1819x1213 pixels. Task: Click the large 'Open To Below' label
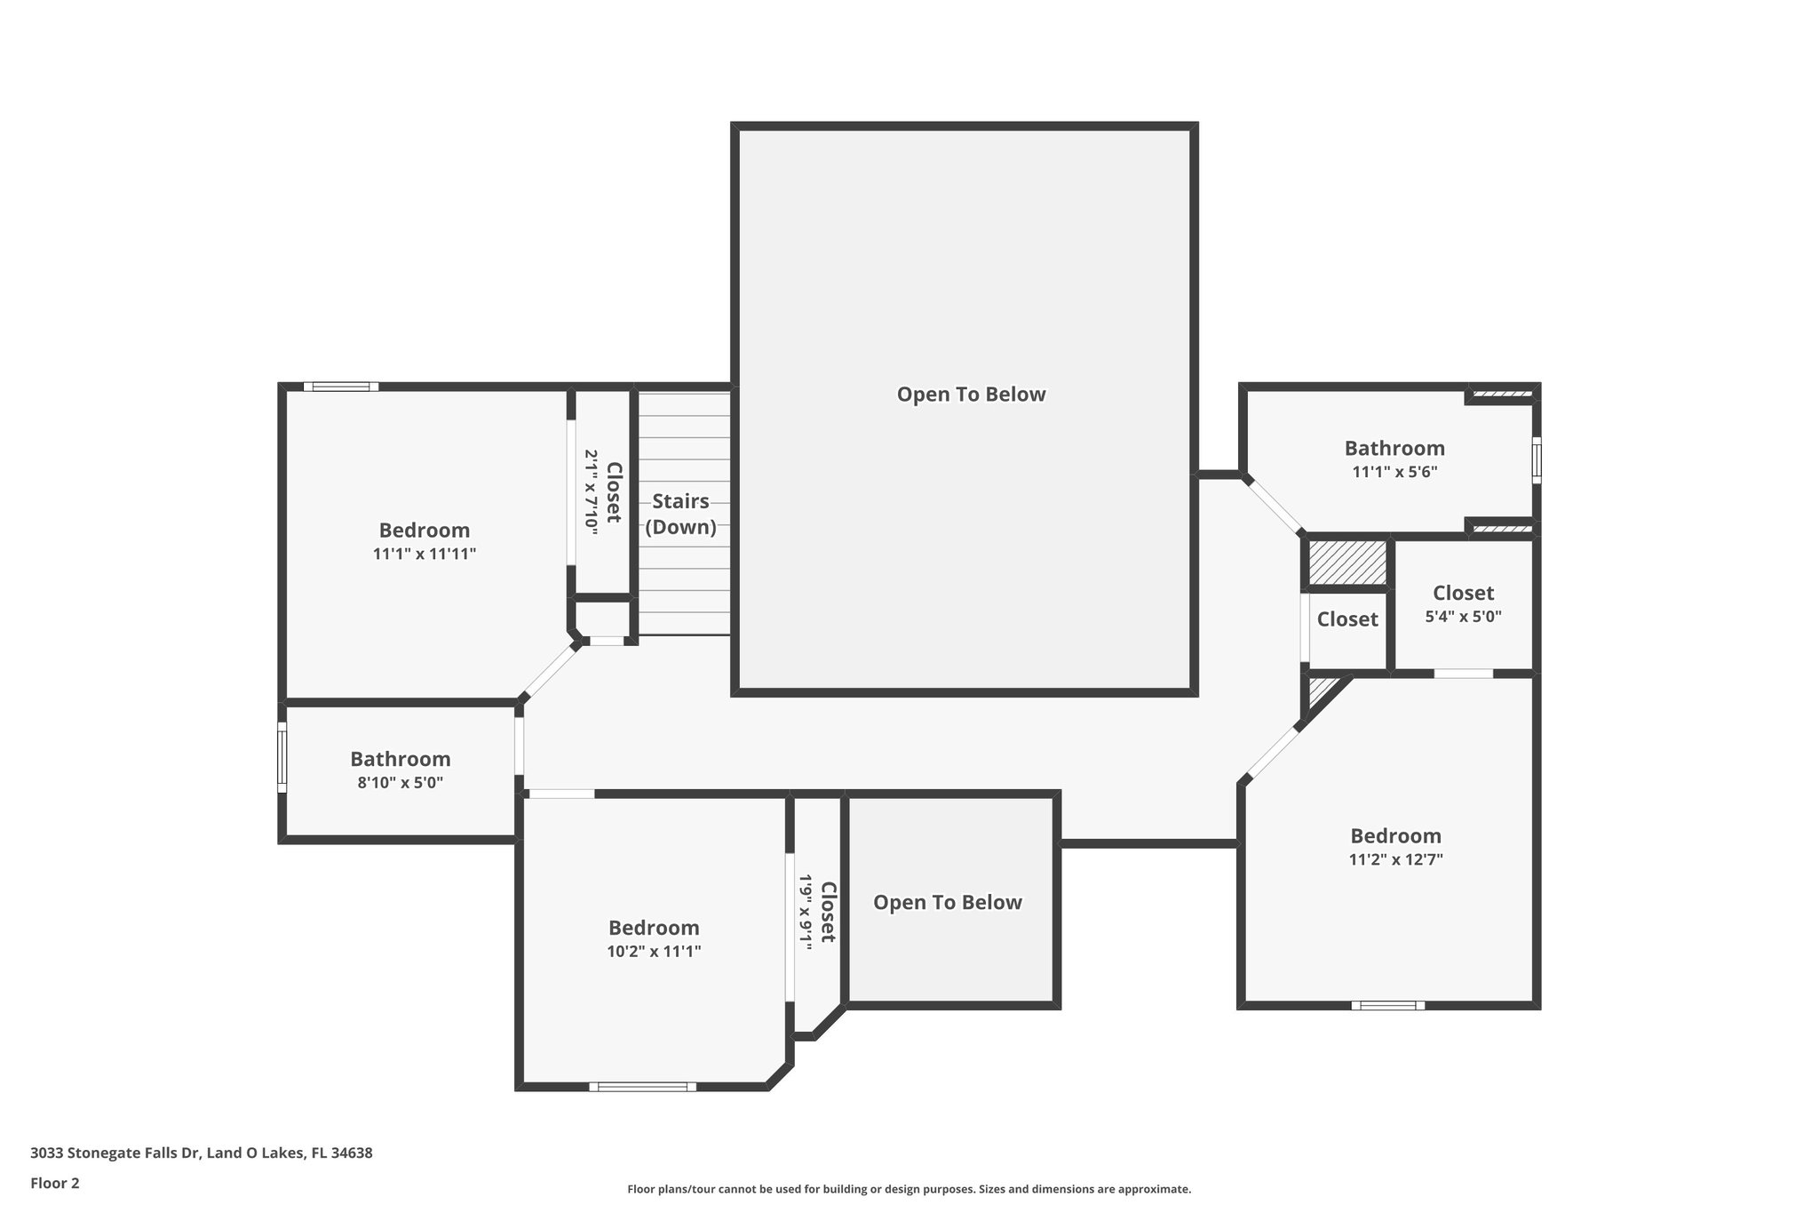pos(971,395)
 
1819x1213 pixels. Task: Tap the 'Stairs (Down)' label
pos(680,514)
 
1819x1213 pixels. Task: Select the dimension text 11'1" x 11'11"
pos(425,554)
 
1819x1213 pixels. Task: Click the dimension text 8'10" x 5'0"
pos(400,783)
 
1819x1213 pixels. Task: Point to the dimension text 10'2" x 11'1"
pos(654,952)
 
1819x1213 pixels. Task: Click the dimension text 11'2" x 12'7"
pos(1395,859)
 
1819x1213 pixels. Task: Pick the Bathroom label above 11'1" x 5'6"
pos(1394,448)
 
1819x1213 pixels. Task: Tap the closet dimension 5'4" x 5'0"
pos(1463,616)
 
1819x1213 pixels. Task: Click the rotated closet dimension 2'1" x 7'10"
pos(591,491)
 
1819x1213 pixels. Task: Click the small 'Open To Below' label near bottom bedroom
pos(947,902)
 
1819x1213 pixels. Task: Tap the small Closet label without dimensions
pos(1346,619)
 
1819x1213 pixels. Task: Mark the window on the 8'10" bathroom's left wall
pos(282,757)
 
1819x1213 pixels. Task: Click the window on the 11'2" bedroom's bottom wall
pos(1387,1005)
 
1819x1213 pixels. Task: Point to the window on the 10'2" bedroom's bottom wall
pos(642,1086)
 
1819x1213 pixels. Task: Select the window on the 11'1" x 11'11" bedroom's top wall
pos(341,387)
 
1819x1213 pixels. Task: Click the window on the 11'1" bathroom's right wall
pos(1537,459)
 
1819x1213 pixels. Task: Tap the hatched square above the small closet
pos(1347,563)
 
